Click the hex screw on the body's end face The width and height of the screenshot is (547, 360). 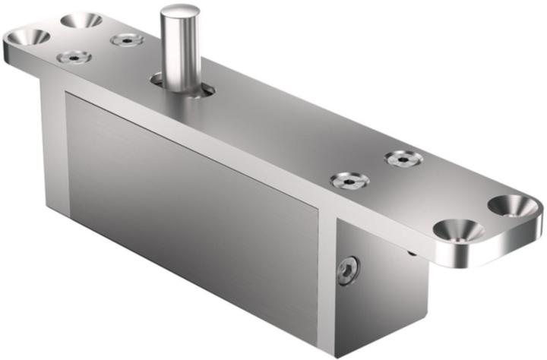(348, 270)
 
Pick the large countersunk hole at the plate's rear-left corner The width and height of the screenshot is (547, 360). (81, 20)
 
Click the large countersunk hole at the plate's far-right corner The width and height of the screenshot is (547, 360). (514, 204)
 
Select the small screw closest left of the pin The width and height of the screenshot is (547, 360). (127, 39)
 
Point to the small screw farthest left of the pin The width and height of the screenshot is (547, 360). (74, 57)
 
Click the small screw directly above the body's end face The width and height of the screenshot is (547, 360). (350, 181)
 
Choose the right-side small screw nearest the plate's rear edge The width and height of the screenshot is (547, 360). (403, 159)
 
